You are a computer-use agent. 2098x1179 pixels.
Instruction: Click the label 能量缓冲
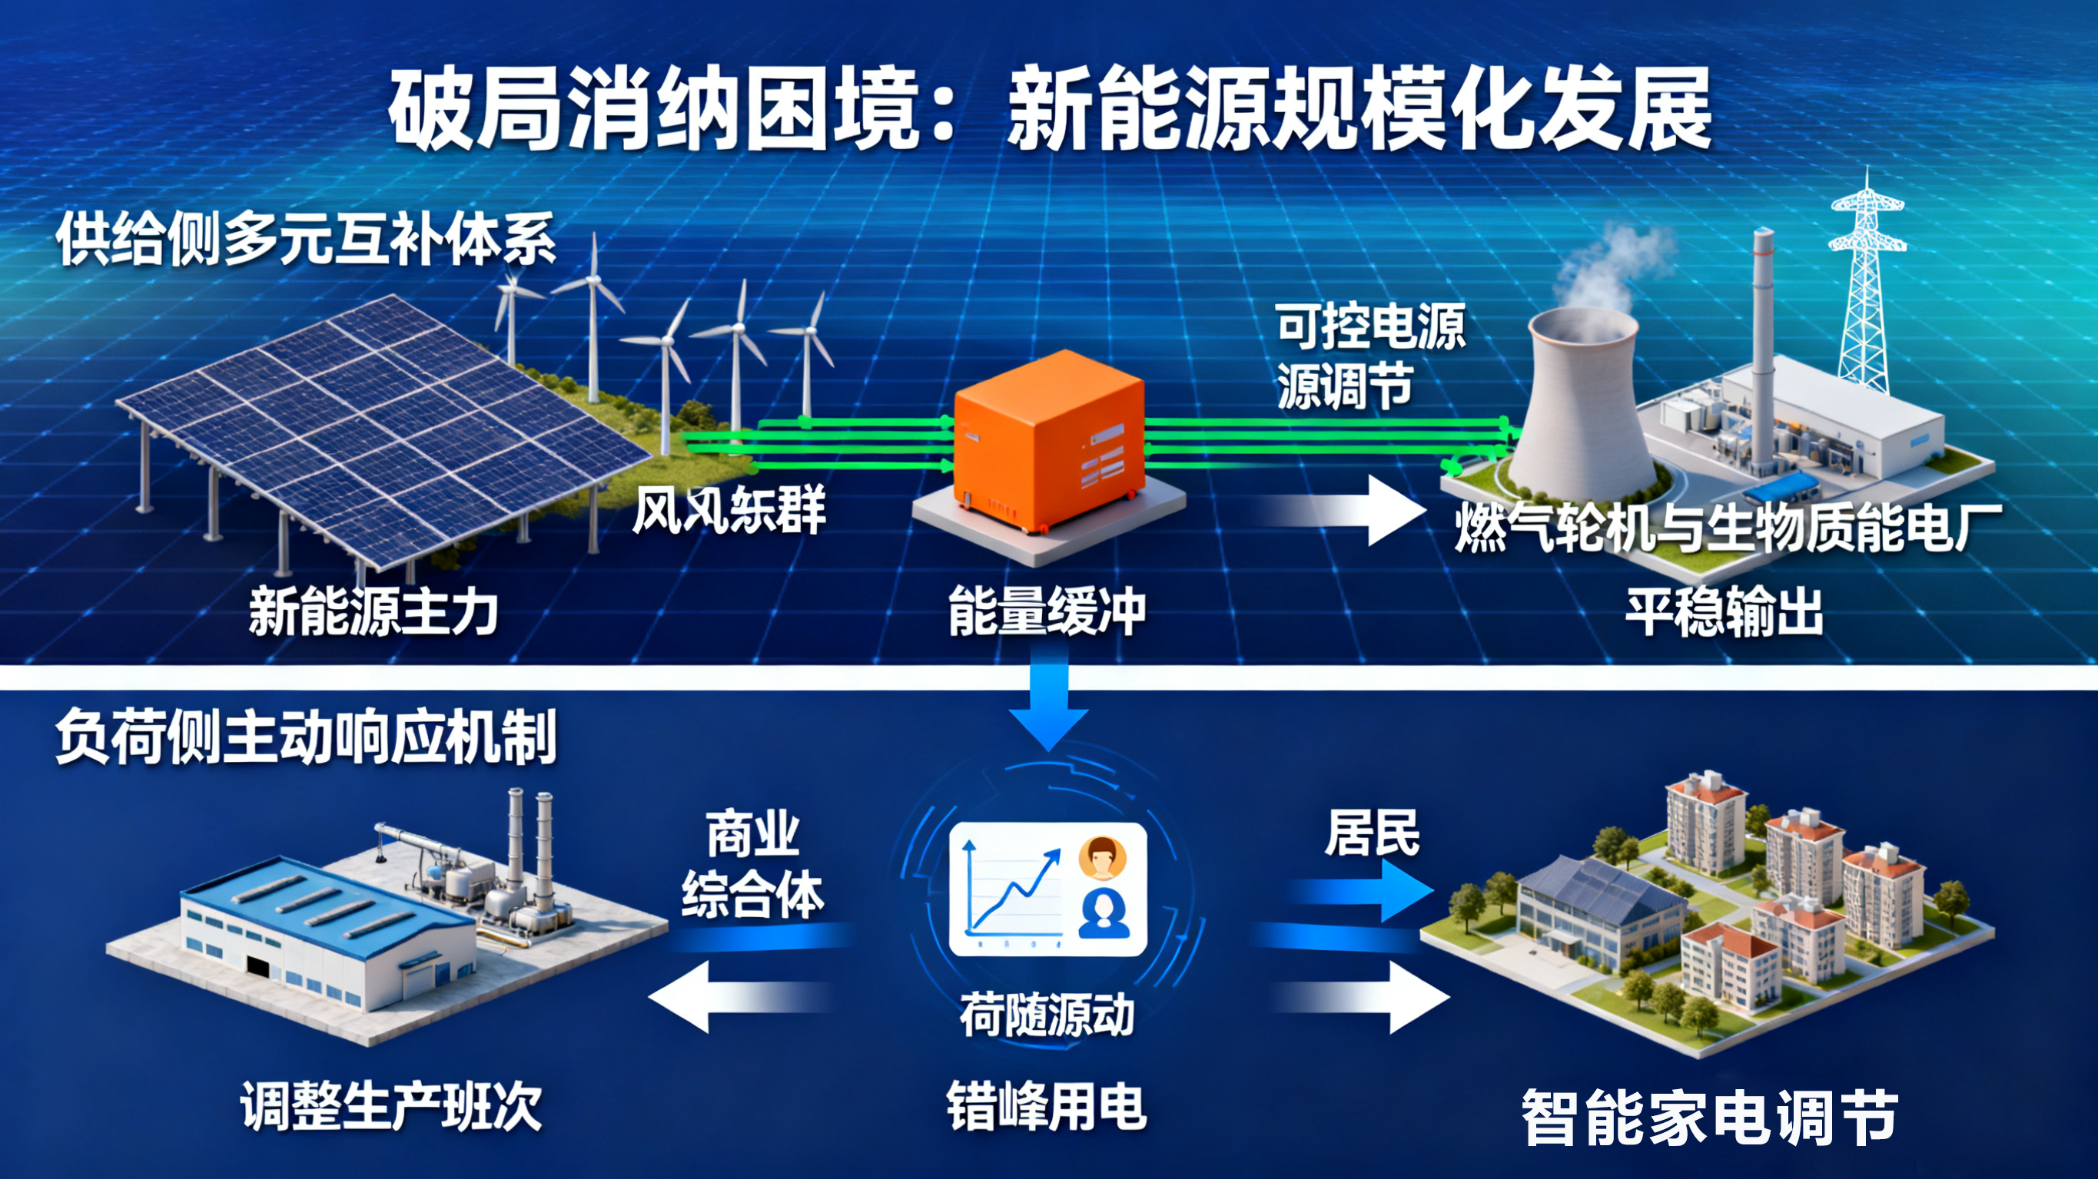coord(1047,611)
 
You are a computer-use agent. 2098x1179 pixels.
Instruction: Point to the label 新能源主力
coord(373,612)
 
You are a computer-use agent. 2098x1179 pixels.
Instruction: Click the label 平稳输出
coord(1725,612)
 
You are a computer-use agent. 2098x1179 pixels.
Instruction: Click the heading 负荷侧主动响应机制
coord(305,737)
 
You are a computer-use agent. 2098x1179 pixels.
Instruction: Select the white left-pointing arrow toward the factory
coord(733,995)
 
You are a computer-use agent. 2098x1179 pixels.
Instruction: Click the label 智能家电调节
coord(1708,1117)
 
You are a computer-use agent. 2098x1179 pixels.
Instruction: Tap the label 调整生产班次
coord(391,1108)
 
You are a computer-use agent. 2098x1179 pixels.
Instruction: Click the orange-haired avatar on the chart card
coord(1103,858)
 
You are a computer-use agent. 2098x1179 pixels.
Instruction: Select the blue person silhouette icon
coord(1104,913)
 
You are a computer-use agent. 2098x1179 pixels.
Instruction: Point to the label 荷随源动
coord(1047,1016)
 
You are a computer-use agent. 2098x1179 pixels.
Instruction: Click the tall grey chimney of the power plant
coord(1762,350)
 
